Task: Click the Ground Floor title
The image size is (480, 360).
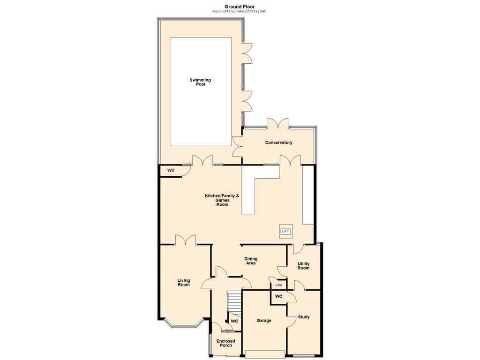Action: (x=240, y=7)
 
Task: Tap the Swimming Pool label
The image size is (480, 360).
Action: (x=200, y=82)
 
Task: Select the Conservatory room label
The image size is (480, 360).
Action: (x=278, y=142)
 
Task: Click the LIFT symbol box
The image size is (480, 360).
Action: (x=285, y=232)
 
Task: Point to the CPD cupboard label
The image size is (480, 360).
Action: (x=278, y=285)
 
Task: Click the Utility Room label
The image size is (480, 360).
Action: (x=303, y=266)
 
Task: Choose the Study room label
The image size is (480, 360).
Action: (x=304, y=317)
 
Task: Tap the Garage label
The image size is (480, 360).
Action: (x=264, y=321)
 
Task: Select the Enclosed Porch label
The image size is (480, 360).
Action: (x=226, y=343)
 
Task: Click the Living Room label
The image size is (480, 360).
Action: (x=184, y=282)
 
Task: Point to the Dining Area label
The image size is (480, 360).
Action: (x=251, y=261)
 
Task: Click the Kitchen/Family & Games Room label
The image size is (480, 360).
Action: (x=222, y=200)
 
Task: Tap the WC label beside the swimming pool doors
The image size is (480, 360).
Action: (x=171, y=170)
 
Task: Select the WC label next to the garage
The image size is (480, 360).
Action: (x=278, y=296)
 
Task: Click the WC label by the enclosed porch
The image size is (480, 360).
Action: (x=234, y=321)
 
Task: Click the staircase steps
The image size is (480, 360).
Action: (x=234, y=302)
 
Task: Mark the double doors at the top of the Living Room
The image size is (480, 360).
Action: (x=186, y=240)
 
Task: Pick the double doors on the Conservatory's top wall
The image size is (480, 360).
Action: (x=278, y=123)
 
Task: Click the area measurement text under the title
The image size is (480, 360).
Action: (x=240, y=11)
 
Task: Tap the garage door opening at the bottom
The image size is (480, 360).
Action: (x=265, y=354)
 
